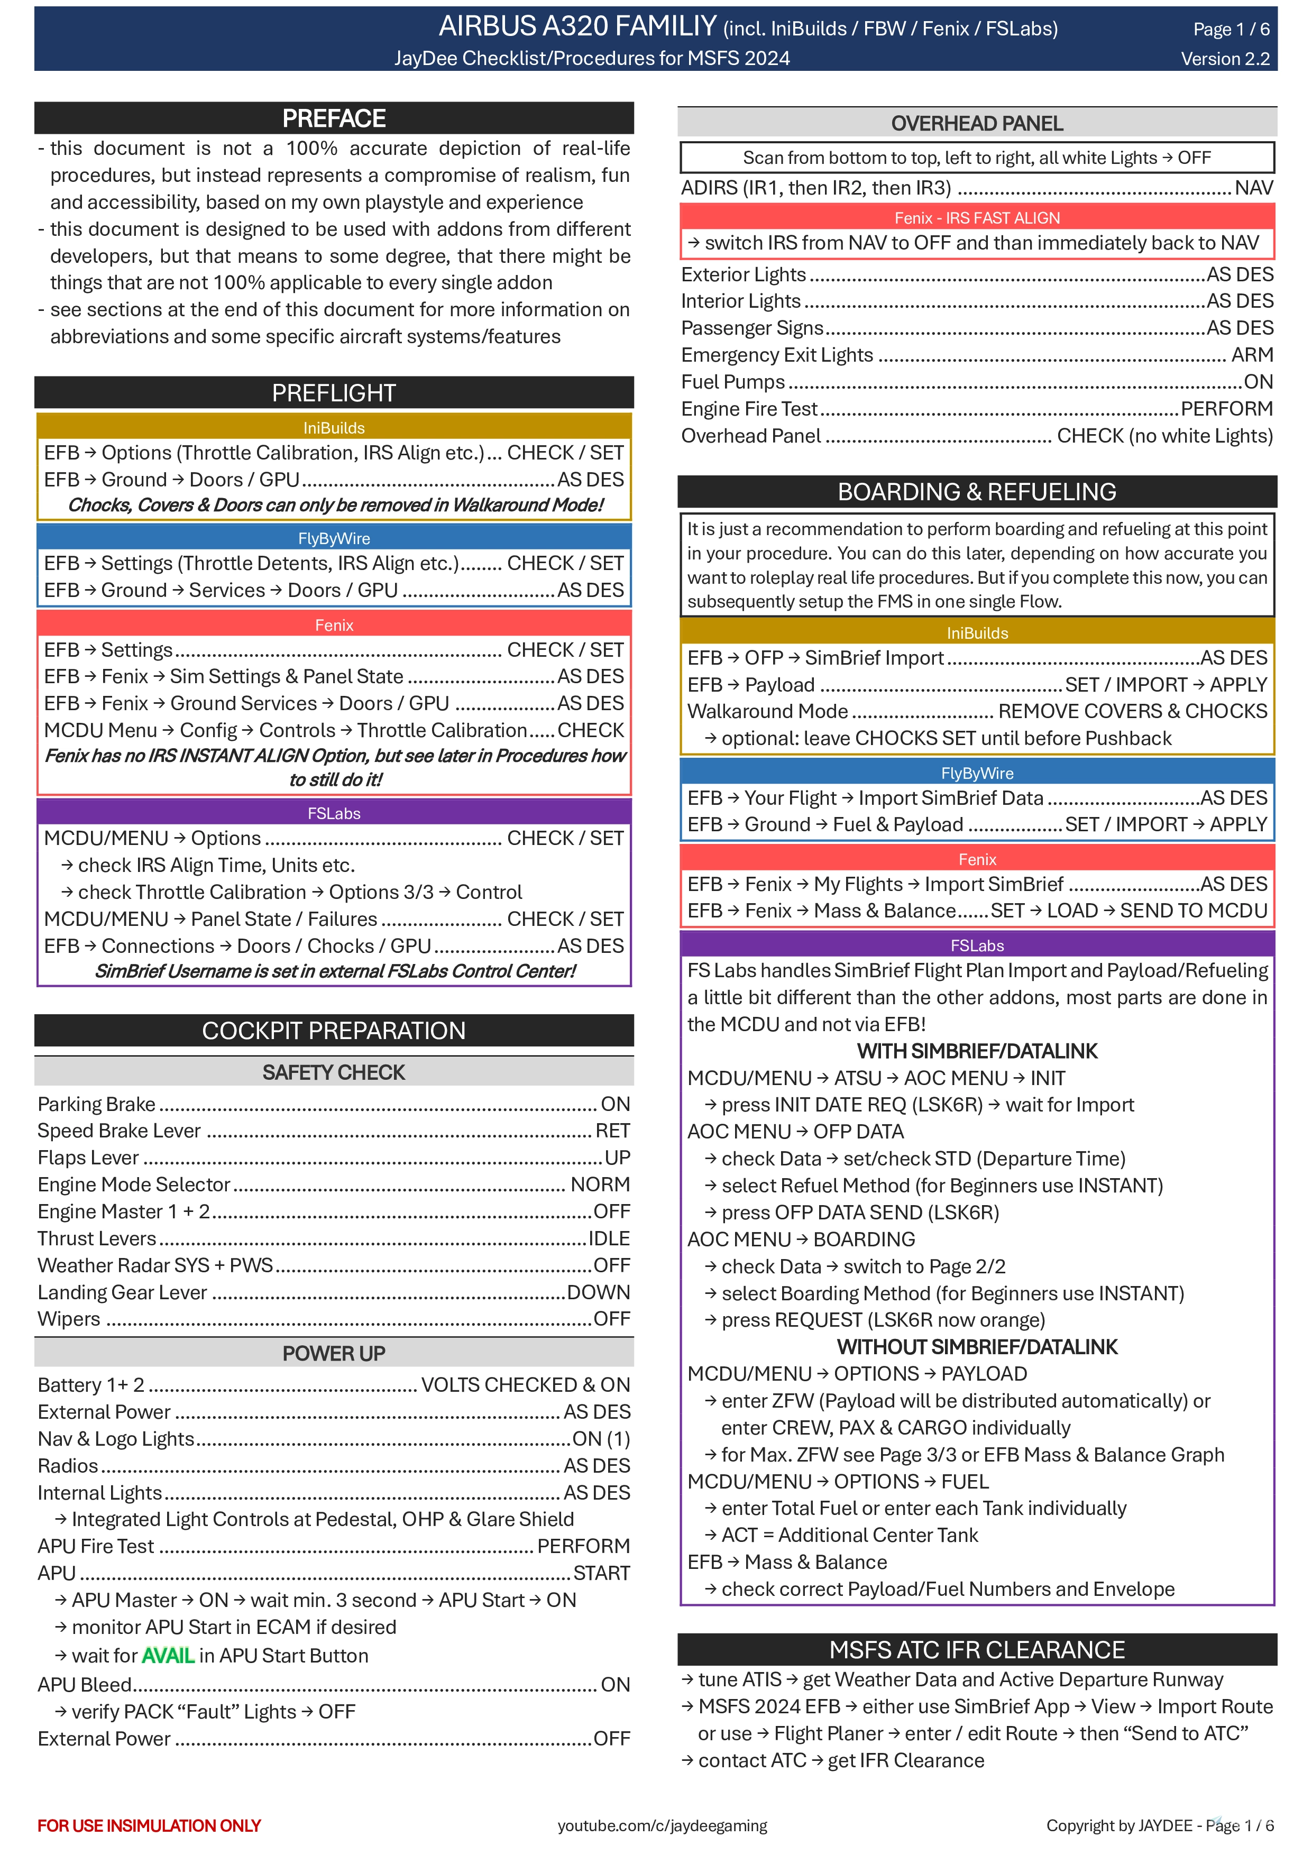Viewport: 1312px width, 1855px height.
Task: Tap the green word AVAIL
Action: click(x=168, y=1656)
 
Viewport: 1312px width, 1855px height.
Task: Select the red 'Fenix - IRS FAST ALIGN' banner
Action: click(x=977, y=217)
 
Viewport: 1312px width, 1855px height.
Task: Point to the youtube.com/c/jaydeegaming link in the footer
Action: click(x=662, y=1825)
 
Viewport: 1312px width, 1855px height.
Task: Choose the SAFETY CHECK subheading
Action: click(x=334, y=1072)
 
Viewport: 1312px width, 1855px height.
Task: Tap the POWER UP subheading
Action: click(x=334, y=1353)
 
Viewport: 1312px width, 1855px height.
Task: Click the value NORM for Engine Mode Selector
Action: click(x=600, y=1184)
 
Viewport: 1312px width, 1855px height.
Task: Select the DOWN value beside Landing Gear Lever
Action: click(x=598, y=1292)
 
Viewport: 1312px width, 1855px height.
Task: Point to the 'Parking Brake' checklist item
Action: click(x=96, y=1104)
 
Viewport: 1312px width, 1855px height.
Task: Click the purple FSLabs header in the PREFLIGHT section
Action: click(x=334, y=813)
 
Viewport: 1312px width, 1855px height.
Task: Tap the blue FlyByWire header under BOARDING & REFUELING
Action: click(x=977, y=773)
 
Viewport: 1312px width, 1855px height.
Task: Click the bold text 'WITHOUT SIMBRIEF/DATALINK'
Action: click(x=977, y=1347)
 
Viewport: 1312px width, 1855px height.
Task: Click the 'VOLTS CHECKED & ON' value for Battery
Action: click(x=525, y=1385)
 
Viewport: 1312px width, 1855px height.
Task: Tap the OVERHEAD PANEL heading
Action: click(x=977, y=124)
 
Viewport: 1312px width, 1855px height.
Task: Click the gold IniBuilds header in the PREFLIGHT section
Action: click(x=334, y=427)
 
